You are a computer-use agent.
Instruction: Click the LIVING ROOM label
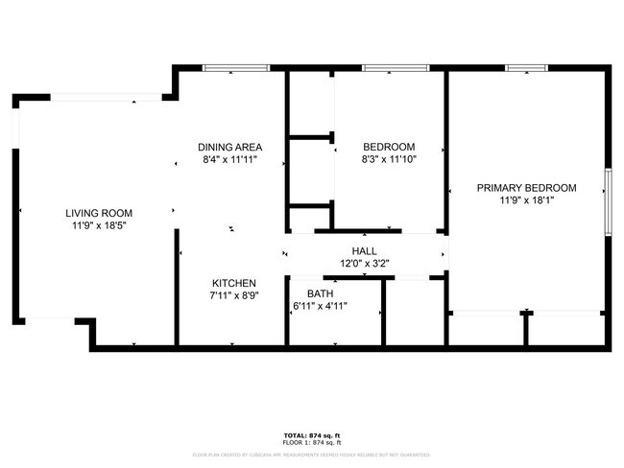(99, 213)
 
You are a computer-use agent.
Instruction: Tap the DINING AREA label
(230, 147)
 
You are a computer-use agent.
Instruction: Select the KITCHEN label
(234, 283)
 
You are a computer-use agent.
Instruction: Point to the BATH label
(320, 293)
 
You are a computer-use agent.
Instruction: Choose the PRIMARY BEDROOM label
(526, 188)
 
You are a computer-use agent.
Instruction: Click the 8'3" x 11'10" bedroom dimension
(389, 159)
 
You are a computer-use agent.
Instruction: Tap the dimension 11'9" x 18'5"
(99, 226)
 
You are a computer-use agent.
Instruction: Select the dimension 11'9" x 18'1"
(526, 201)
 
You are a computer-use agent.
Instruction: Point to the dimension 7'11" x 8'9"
(234, 296)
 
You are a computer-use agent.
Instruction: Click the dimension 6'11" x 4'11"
(320, 307)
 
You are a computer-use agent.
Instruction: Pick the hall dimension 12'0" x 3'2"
(363, 263)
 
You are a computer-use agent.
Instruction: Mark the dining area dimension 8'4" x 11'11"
(230, 160)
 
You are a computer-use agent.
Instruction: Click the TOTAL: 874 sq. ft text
(311, 436)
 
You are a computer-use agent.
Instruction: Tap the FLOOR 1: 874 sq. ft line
(311, 443)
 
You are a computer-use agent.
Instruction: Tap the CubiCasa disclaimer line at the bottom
(311, 455)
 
